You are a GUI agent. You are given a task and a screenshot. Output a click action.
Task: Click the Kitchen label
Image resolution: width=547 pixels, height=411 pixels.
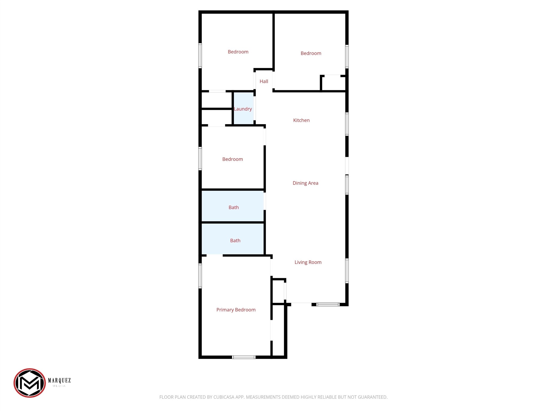(x=301, y=120)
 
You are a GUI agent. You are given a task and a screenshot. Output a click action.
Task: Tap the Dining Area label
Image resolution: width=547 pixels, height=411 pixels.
(x=305, y=183)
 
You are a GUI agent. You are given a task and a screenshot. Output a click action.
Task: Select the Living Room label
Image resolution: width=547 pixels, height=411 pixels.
(x=308, y=262)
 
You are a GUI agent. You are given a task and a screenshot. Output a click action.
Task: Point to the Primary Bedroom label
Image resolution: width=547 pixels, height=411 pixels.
(x=236, y=310)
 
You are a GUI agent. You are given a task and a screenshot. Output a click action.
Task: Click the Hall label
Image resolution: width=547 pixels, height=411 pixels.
(x=264, y=81)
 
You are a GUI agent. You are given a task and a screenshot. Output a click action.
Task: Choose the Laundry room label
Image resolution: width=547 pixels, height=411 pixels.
(x=243, y=109)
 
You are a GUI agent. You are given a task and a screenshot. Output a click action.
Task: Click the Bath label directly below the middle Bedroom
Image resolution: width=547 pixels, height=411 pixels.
(x=234, y=207)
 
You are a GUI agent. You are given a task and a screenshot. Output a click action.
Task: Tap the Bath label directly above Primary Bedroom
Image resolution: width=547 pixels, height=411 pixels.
(x=235, y=241)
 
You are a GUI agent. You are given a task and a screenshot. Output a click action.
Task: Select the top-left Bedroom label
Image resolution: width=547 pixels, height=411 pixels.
(x=238, y=52)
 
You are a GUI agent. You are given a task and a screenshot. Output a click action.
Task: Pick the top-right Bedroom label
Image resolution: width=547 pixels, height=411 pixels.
(x=311, y=53)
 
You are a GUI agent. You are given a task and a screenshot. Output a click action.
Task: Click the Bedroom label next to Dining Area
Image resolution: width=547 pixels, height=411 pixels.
(x=233, y=159)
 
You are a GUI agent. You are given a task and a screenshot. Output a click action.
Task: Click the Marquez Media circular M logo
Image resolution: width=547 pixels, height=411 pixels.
(x=30, y=383)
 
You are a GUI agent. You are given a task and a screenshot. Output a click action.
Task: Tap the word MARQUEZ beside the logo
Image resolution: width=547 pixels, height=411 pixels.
(x=59, y=380)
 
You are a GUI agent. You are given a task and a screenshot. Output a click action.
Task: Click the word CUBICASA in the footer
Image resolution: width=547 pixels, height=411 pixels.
(x=224, y=397)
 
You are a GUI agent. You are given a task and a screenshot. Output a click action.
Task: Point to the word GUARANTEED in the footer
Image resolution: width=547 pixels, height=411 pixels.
(x=372, y=397)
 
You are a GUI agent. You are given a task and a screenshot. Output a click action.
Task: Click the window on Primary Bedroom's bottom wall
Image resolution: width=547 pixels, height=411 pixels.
(x=244, y=357)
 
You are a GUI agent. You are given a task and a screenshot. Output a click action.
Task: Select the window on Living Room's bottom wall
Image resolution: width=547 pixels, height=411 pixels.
(x=328, y=305)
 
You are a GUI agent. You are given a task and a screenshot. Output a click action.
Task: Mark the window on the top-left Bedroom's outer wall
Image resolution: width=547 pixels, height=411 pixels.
(x=200, y=55)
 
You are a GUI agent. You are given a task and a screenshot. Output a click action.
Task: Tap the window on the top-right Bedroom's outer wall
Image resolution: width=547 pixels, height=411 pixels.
(x=347, y=56)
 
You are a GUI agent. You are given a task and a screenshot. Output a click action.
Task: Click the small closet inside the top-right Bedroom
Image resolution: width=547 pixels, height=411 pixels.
(x=333, y=83)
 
